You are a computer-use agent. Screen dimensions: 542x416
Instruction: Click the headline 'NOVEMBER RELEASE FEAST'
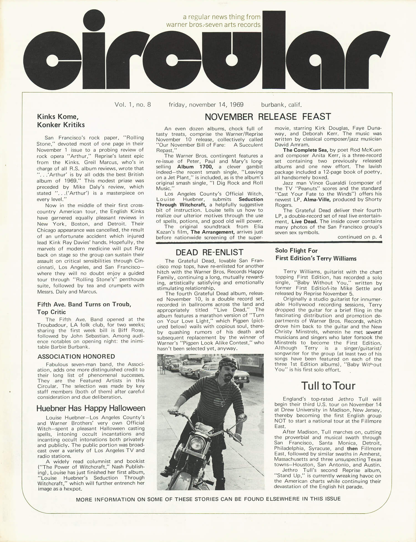click(x=268, y=117)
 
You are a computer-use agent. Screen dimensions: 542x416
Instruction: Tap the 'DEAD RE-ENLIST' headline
click(x=209, y=252)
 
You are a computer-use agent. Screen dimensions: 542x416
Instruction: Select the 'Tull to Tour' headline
click(x=328, y=386)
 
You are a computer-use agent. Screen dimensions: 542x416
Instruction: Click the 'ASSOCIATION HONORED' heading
click(x=76, y=357)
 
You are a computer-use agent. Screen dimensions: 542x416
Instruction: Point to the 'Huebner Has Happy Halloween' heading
click(x=91, y=408)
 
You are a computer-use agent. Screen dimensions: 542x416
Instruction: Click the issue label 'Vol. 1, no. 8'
click(x=133, y=105)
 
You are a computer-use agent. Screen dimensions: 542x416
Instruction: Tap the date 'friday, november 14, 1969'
click(x=206, y=105)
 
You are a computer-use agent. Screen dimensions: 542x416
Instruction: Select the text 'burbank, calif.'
click(x=281, y=105)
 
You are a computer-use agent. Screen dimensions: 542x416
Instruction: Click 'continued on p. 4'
click(x=359, y=237)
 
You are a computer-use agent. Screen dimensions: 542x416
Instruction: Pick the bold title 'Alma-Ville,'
click(x=317, y=199)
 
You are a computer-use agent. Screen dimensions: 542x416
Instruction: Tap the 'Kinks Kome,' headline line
click(x=58, y=117)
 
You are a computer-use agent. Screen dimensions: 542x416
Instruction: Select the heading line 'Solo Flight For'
click(x=296, y=251)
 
